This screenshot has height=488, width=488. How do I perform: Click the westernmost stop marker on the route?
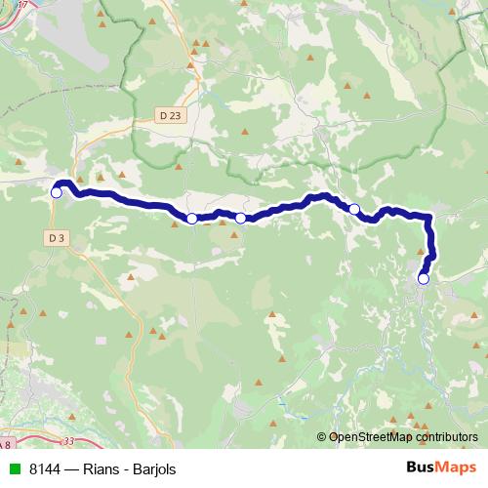click(x=57, y=192)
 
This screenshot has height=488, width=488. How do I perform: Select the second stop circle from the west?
click(x=192, y=219)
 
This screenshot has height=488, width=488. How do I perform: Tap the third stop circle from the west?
click(x=241, y=218)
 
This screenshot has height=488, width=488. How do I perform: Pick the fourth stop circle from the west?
click(x=355, y=208)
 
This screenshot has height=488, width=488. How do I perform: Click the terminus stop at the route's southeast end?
click(x=424, y=278)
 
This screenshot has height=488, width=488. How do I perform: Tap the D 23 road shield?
click(x=168, y=114)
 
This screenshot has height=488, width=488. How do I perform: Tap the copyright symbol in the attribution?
click(x=322, y=438)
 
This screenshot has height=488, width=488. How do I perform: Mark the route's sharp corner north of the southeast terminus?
click(x=428, y=217)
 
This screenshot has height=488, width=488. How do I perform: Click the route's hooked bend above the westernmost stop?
click(x=63, y=182)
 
